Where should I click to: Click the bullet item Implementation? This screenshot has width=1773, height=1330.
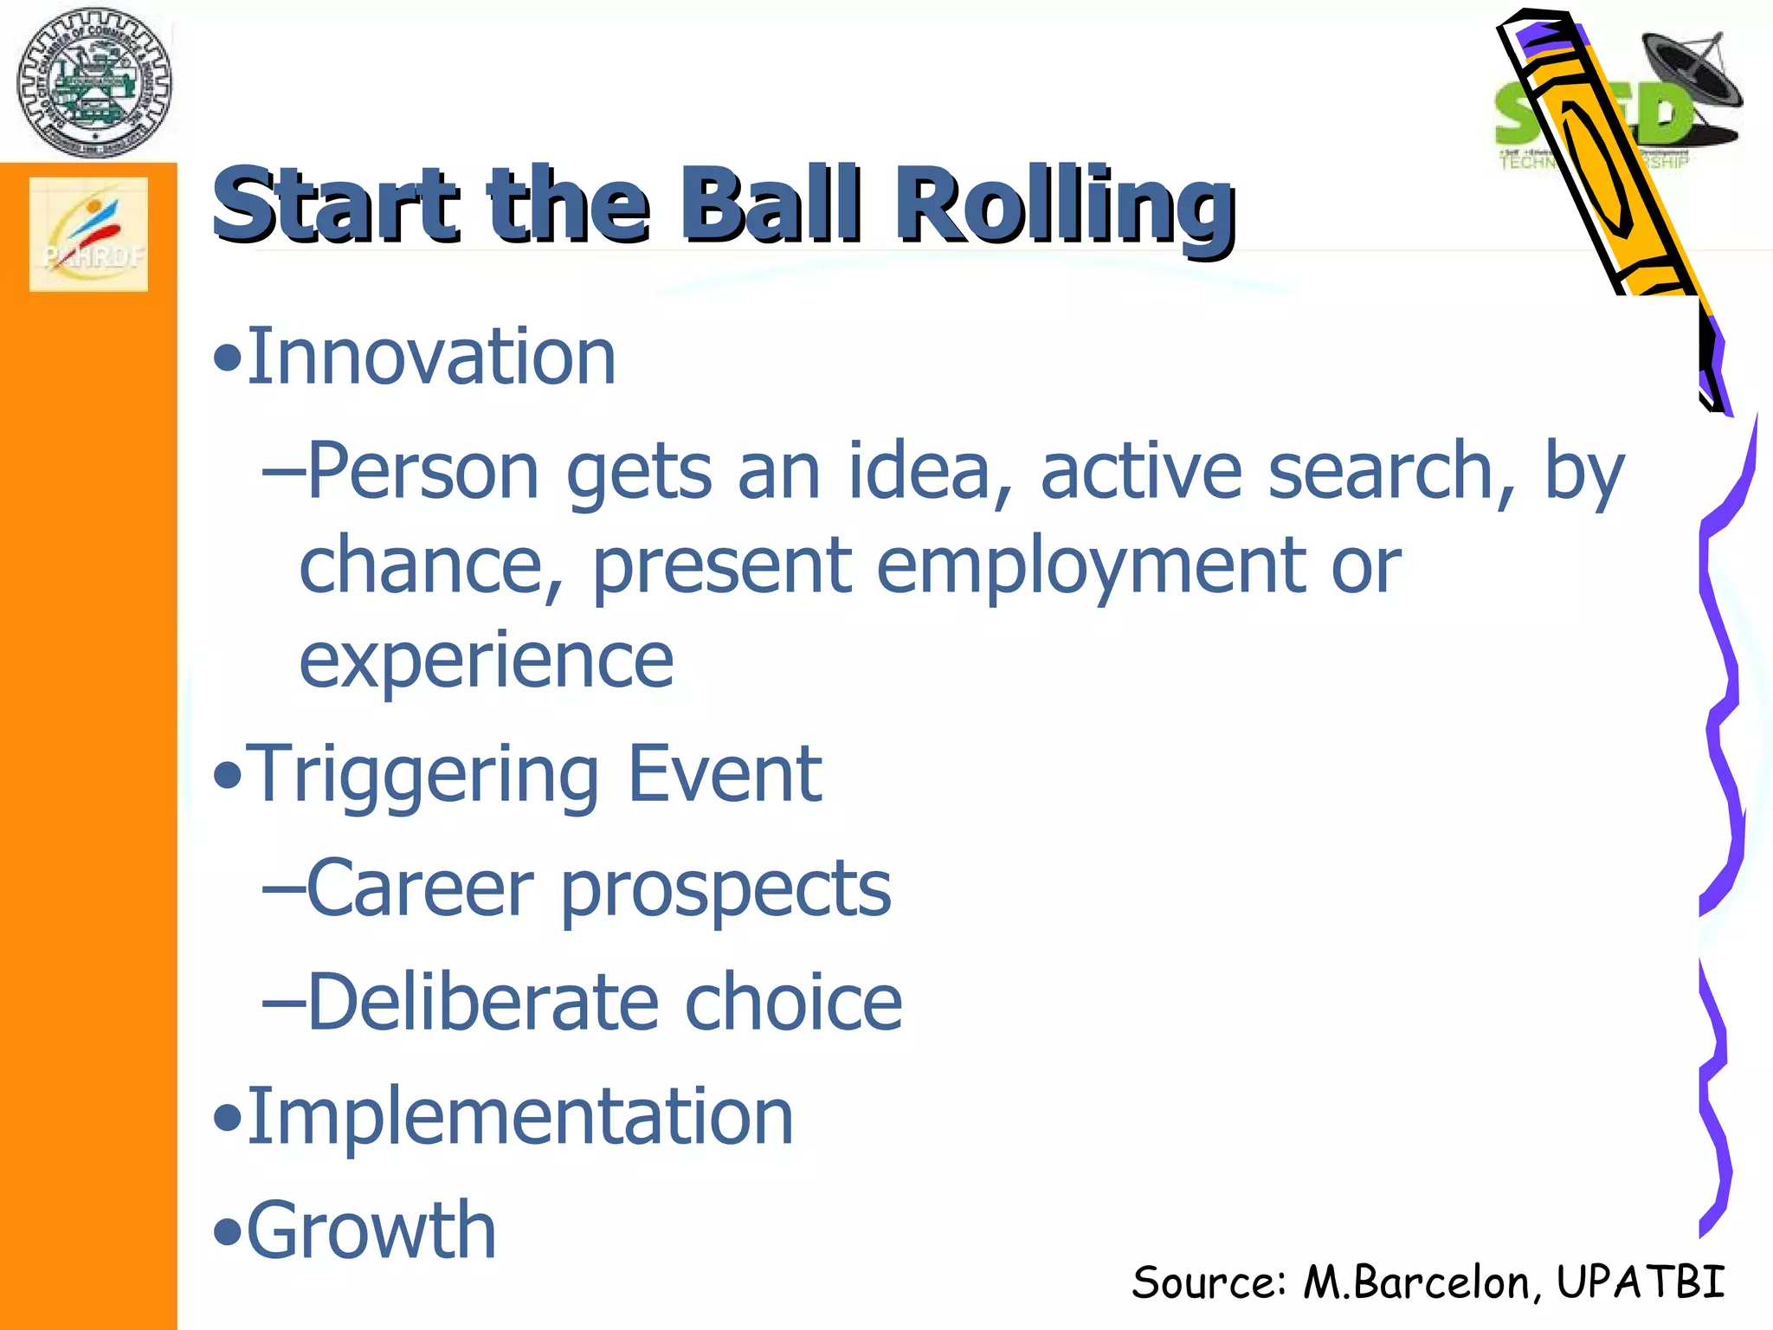pos(519,1117)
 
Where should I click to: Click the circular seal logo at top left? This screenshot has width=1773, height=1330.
pos(93,82)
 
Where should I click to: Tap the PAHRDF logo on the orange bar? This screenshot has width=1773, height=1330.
pos(88,234)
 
